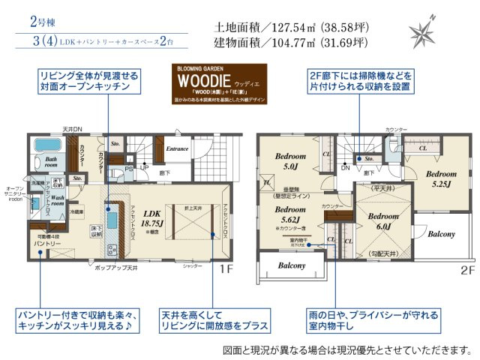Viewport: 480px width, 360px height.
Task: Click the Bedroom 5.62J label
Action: click(285, 215)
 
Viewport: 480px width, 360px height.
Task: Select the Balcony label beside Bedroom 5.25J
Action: click(442, 233)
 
